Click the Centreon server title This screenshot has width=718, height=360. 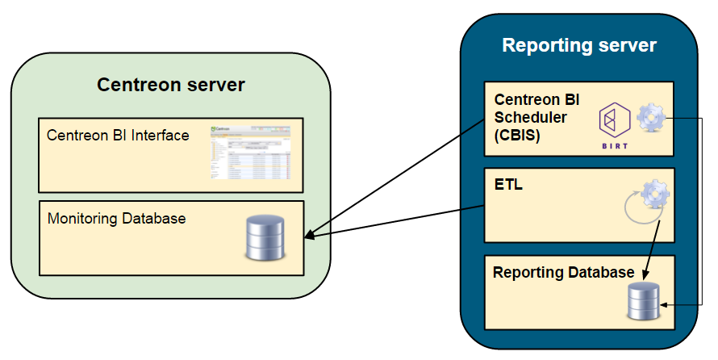click(x=171, y=85)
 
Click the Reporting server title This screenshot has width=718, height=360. click(x=579, y=44)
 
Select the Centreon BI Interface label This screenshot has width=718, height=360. click(x=118, y=135)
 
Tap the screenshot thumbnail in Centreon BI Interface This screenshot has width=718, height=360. click(x=249, y=151)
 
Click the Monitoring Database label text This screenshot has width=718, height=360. click(x=116, y=218)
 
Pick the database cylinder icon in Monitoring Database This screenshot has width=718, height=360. click(x=265, y=237)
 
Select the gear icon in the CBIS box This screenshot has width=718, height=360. click(x=652, y=118)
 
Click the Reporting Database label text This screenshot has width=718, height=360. click(x=563, y=273)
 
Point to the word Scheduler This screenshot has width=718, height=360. click(x=530, y=117)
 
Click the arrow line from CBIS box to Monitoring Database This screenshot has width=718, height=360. click(x=395, y=178)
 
